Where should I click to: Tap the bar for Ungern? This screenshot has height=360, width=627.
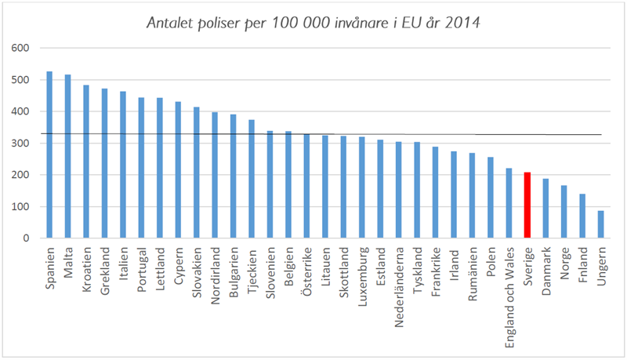(601, 224)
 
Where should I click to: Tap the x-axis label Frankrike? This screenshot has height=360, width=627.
(436, 270)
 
